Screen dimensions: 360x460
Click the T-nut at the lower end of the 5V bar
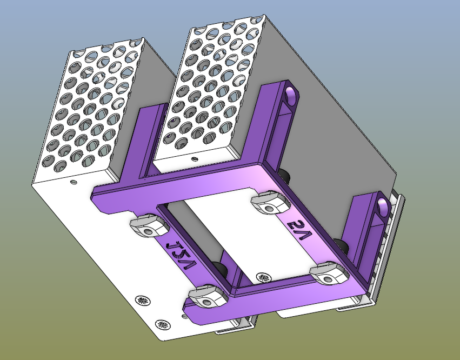[330, 273]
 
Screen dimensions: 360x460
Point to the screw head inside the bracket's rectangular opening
[263, 278]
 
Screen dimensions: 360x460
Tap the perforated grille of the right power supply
[211, 81]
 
